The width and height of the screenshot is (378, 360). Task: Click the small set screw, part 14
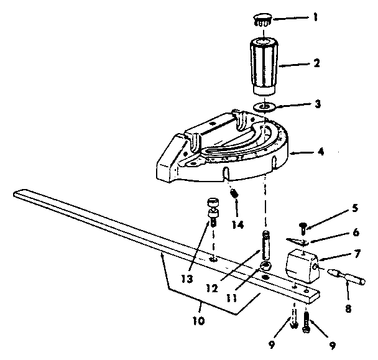[x=236, y=195]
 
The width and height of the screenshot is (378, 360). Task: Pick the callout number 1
[x=316, y=17]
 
